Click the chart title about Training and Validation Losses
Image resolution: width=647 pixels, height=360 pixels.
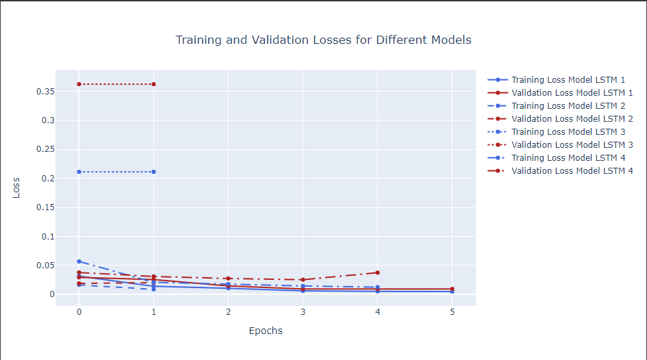click(x=323, y=40)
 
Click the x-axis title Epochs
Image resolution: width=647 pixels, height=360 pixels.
click(x=266, y=331)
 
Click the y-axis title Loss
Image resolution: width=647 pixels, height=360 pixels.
click(x=16, y=188)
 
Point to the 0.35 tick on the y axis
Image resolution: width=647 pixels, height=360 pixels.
click(x=45, y=91)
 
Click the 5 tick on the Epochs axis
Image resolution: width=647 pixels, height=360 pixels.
click(x=452, y=312)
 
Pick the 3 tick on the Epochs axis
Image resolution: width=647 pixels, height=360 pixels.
click(x=303, y=312)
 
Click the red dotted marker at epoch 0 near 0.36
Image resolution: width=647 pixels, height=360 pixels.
click(x=79, y=84)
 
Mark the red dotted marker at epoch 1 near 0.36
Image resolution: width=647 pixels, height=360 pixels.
click(x=153, y=84)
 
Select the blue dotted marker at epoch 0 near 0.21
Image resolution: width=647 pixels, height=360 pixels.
click(x=79, y=172)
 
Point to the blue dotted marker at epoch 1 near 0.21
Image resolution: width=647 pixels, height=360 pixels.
click(x=153, y=172)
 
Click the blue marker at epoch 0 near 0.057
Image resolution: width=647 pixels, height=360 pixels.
click(x=79, y=261)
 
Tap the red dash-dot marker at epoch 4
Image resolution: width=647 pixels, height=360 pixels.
click(x=377, y=272)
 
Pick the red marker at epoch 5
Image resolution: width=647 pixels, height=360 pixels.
click(x=452, y=289)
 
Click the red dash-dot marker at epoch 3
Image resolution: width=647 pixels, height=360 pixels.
click(x=303, y=280)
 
